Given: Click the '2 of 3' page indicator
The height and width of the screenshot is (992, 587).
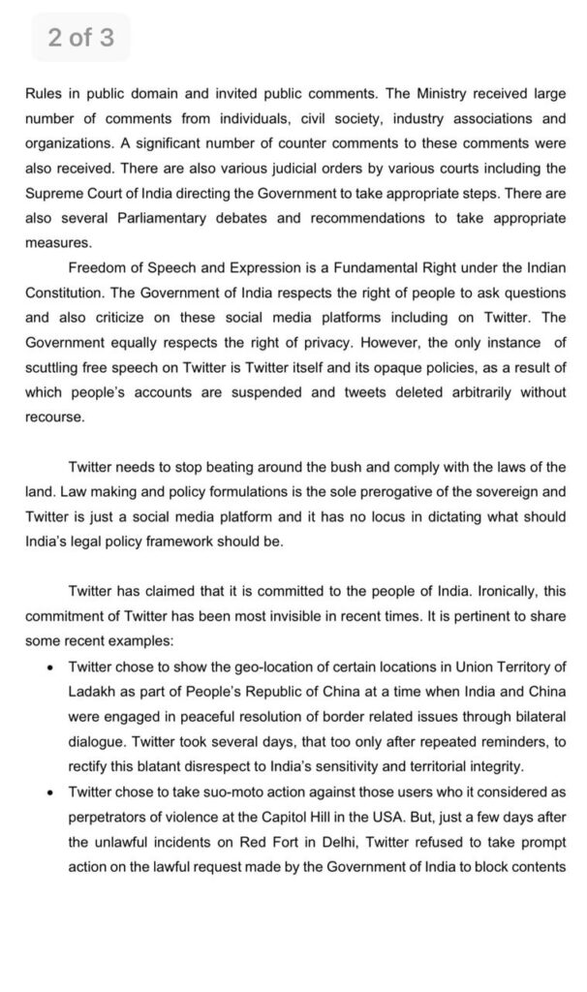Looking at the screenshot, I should click(x=81, y=39).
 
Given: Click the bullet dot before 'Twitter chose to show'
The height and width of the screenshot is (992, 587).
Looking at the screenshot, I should click(x=49, y=667).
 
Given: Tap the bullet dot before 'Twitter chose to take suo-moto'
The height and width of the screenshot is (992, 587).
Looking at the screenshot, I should click(x=49, y=792).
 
